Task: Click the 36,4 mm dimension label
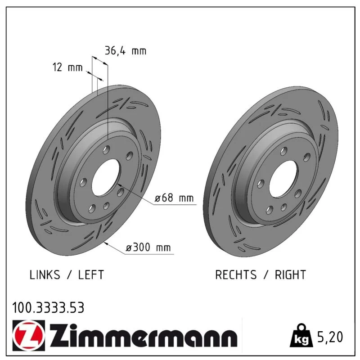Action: point(126,51)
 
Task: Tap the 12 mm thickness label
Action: point(67,67)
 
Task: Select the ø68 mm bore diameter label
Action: point(174,198)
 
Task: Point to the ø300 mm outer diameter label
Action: point(148,247)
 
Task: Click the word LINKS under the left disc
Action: point(45,274)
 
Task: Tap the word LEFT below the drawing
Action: point(91,274)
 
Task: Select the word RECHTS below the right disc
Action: point(236,274)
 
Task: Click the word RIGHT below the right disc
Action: point(290,274)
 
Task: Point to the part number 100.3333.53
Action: point(48,308)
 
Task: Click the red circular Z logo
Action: point(29,335)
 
